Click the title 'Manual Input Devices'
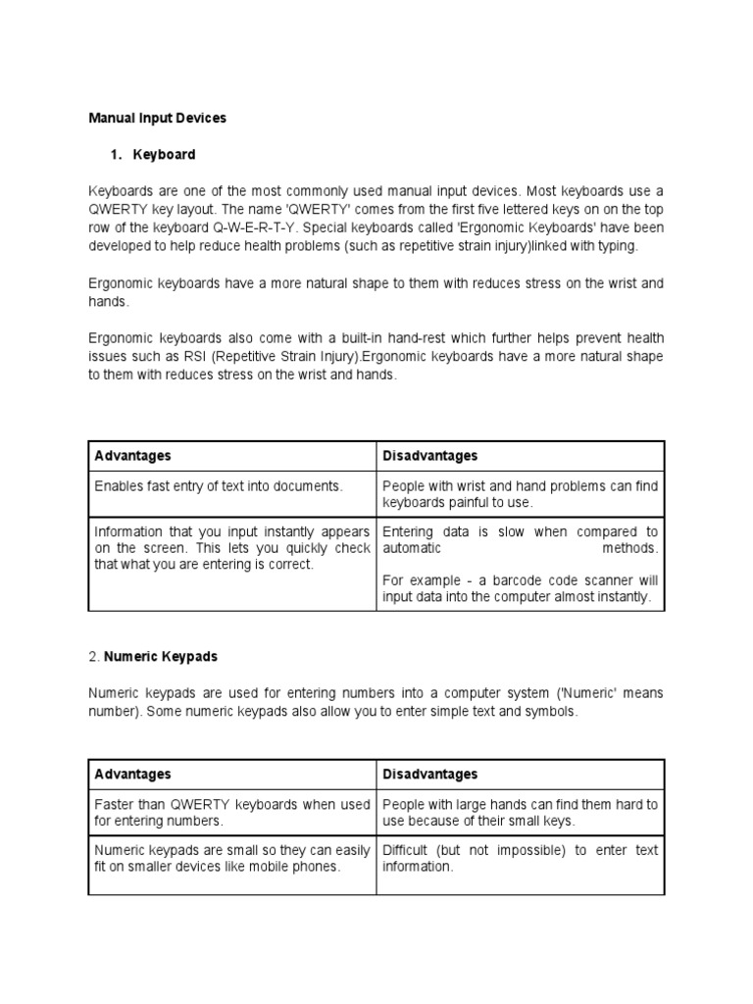tap(157, 118)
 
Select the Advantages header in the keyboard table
tap(132, 456)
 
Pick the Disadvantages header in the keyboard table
tap(429, 456)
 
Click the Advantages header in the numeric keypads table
tap(132, 775)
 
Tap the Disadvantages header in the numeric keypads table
tap(429, 775)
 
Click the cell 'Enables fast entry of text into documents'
tap(219, 485)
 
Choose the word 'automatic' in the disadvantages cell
tap(412, 549)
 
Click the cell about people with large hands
tap(520, 812)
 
